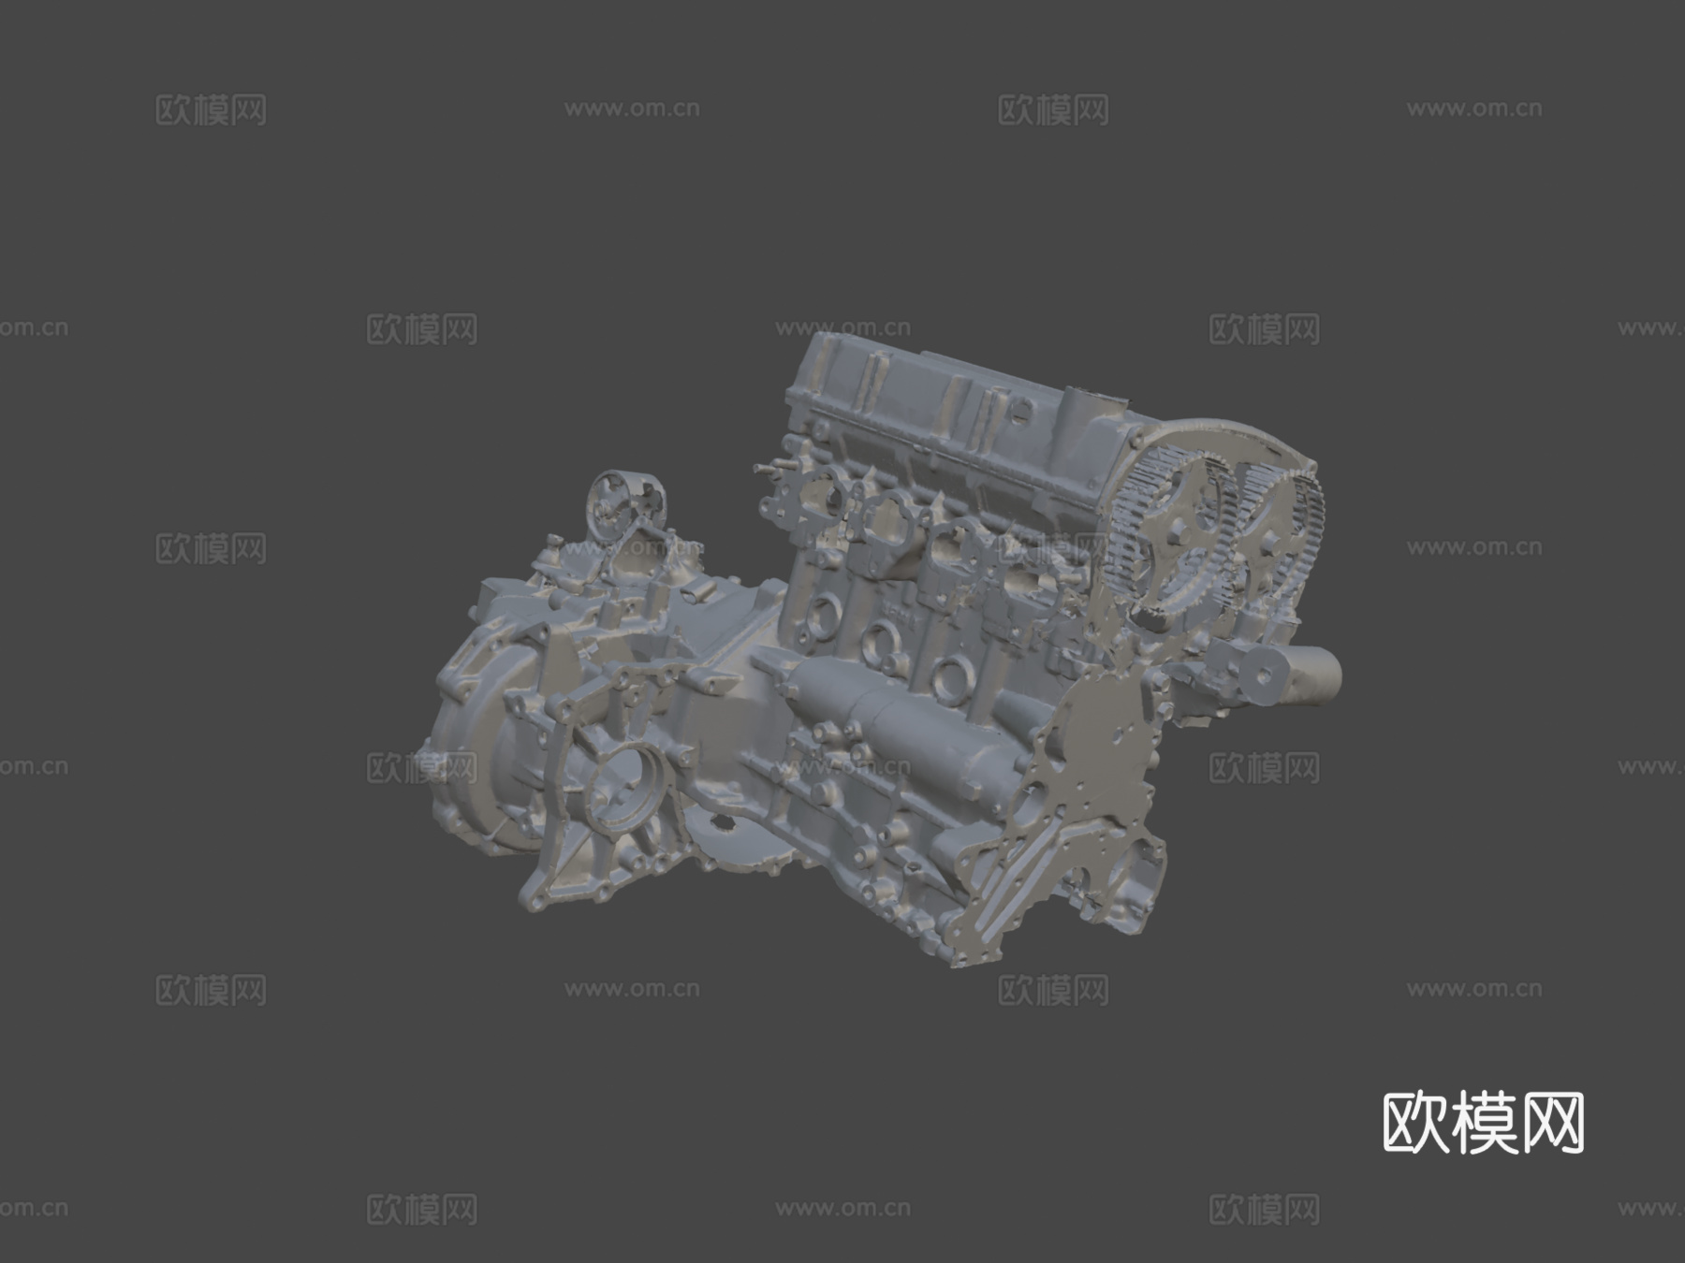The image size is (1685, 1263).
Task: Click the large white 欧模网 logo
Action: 1483,1122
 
